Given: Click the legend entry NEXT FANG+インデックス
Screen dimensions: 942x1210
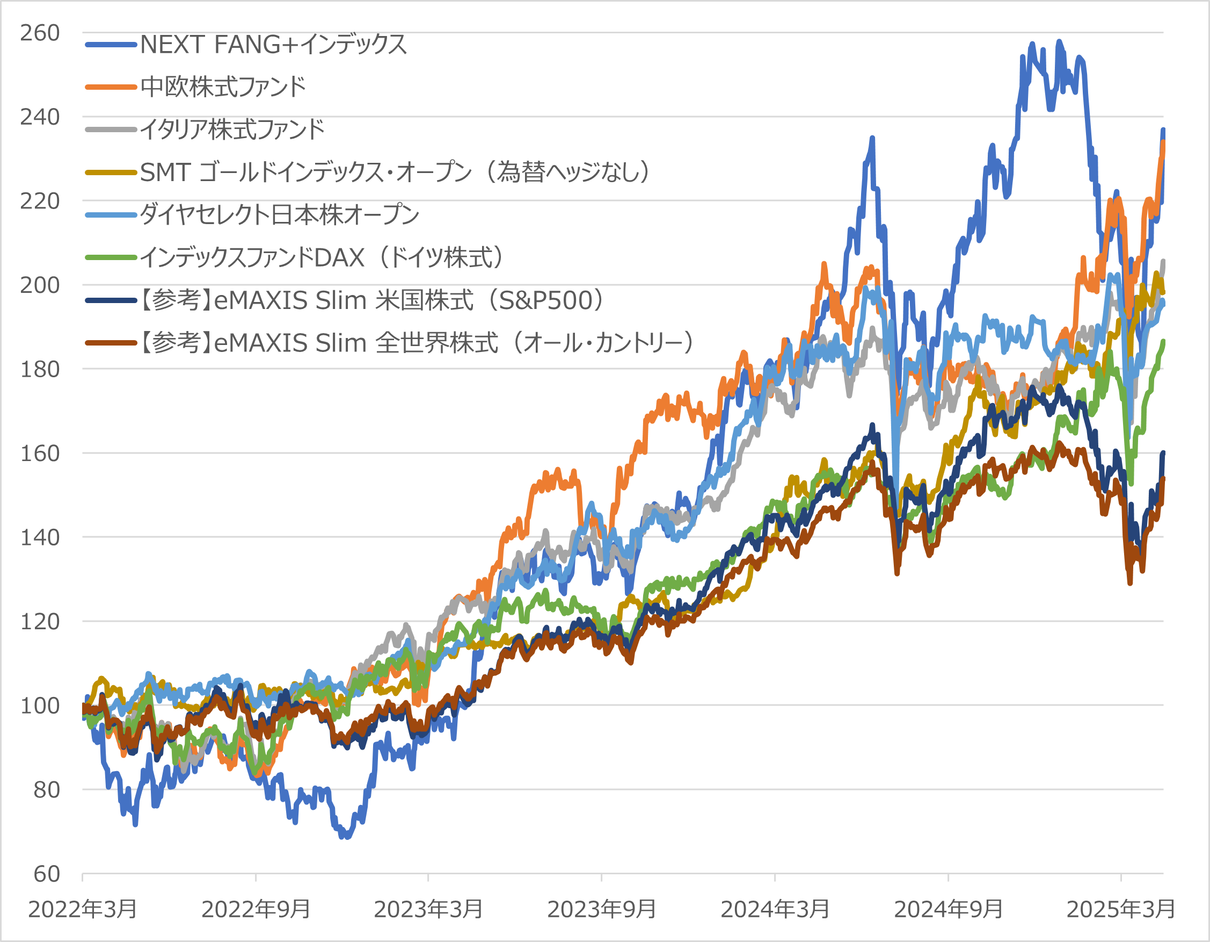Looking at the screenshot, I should [273, 45].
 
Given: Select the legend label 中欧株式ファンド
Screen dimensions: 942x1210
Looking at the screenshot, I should [223, 87].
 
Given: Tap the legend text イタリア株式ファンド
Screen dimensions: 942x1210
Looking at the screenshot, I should [232, 130].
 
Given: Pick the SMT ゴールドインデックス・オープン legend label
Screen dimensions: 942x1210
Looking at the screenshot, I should [395, 172].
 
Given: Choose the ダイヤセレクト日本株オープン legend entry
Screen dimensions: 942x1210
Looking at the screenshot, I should [279, 214].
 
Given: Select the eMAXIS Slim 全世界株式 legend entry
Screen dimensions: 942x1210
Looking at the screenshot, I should [416, 343].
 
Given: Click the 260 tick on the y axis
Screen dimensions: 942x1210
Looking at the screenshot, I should [40, 33].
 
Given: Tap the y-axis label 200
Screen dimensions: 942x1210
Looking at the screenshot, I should [40, 285].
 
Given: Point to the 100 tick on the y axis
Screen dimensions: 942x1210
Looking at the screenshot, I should [40, 706].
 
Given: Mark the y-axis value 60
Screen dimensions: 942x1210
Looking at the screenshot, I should [47, 874].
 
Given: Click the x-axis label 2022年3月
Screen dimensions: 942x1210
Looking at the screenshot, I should [83, 909].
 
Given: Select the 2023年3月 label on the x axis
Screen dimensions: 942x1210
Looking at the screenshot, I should [428, 909].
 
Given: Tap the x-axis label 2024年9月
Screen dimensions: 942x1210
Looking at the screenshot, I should [948, 909].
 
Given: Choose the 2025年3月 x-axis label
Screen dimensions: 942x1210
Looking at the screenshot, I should [1120, 909].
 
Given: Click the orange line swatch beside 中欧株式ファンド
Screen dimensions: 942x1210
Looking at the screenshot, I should [111, 87].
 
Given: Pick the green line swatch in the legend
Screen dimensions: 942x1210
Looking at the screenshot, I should [111, 257].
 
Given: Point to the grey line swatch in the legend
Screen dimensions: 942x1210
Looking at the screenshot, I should [111, 130].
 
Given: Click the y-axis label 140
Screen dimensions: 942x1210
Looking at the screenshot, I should [40, 537].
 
